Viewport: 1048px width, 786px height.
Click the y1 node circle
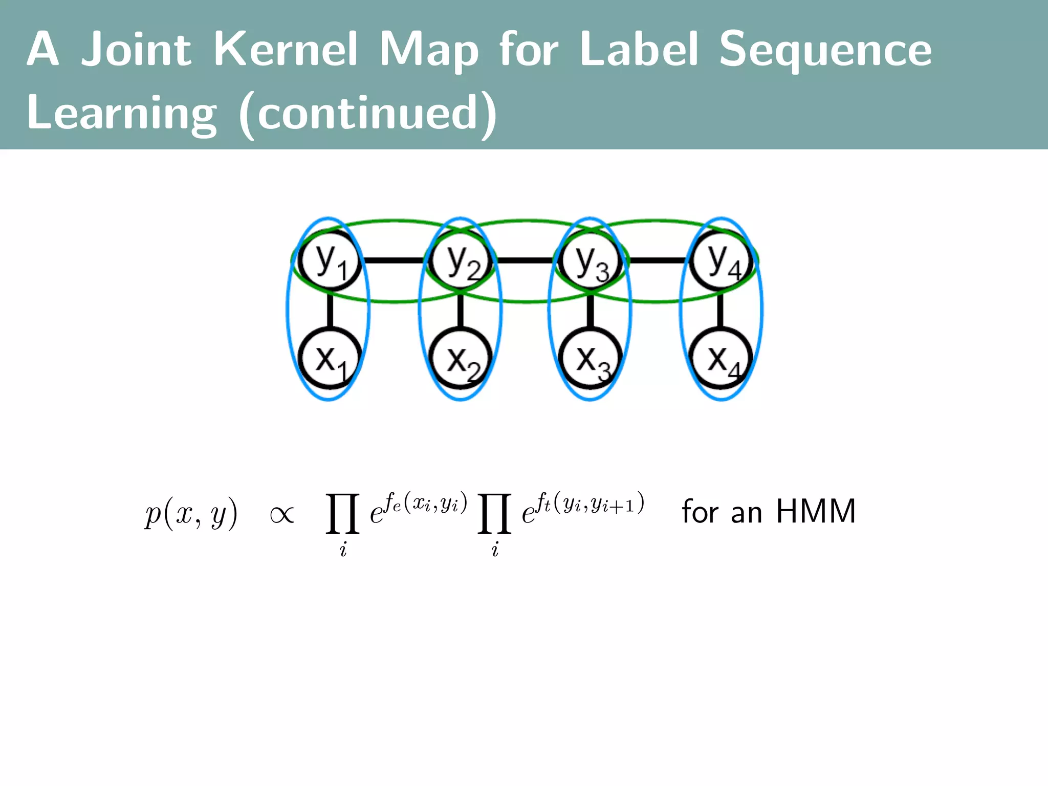[x=330, y=261]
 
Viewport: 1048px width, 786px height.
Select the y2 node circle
[x=461, y=261]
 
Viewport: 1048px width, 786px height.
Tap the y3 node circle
[x=590, y=261]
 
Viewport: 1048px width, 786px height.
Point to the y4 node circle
[x=721, y=261]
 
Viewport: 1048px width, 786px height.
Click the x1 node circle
[x=330, y=358]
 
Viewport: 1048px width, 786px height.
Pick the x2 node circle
[x=461, y=358]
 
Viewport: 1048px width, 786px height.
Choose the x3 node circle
[x=590, y=358]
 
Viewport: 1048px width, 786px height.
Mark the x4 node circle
[x=721, y=358]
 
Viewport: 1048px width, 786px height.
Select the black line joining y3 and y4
[x=656, y=260]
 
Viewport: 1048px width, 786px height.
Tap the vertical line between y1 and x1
[x=330, y=310]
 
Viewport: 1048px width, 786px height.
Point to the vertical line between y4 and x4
[x=720, y=310]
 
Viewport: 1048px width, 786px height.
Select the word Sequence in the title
[x=825, y=50]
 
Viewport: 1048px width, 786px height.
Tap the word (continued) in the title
[x=367, y=114]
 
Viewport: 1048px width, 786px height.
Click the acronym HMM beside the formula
[x=816, y=511]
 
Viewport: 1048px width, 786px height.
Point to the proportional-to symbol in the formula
[x=281, y=514]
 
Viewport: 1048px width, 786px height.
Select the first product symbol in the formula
[x=343, y=513]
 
